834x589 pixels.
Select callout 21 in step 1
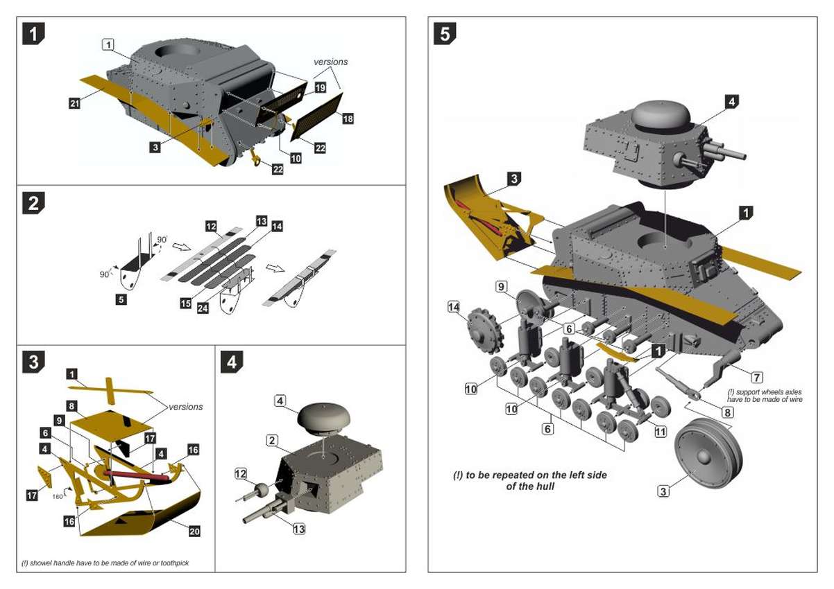coord(75,103)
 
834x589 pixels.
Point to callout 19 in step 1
coord(320,88)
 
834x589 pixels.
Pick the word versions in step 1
coord(330,62)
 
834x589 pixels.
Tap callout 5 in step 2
coord(121,300)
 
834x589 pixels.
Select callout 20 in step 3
coord(194,531)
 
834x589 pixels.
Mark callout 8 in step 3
coord(71,405)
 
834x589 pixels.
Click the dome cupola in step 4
coord(323,416)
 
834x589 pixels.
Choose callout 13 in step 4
coord(299,529)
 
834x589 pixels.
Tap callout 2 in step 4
coord(272,440)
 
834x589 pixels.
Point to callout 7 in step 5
coord(756,378)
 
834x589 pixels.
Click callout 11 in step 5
coord(660,431)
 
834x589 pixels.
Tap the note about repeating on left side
coord(531,480)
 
